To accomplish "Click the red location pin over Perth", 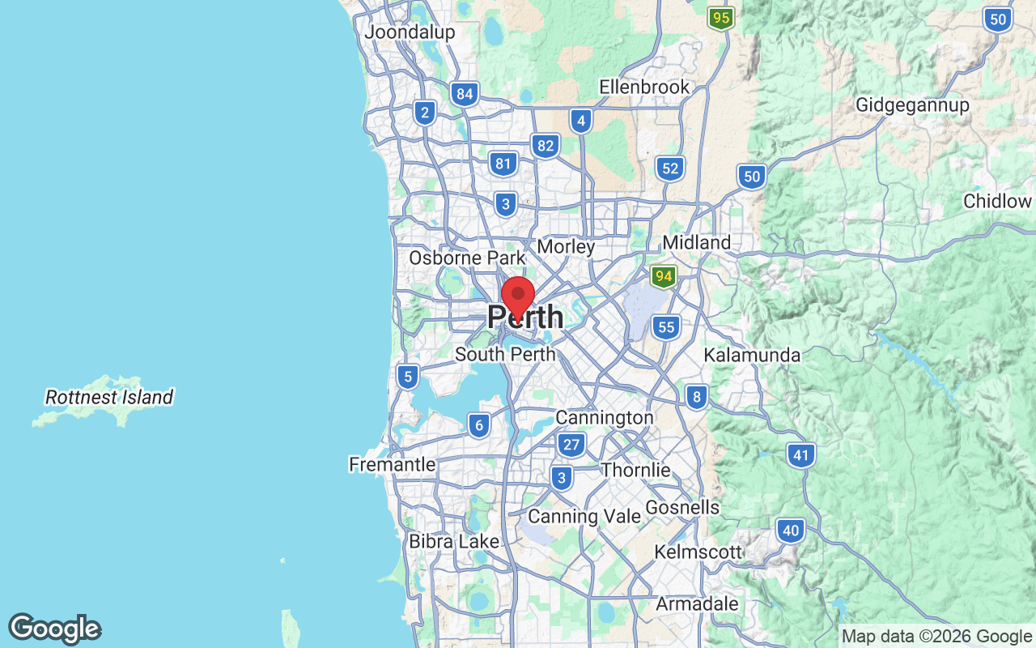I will pos(518,296).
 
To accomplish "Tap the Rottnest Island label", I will pos(109,398).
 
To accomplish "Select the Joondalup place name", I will pos(410,32).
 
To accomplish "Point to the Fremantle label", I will pos(392,464).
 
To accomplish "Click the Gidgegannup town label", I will pos(912,105).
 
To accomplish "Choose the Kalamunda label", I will pos(752,355).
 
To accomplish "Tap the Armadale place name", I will pos(697,604).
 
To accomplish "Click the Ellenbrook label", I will pos(644,87).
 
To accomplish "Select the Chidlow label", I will pos(997,201).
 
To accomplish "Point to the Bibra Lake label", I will pos(453,541).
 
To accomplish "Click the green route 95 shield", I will pos(720,18).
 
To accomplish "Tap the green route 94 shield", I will pos(664,277).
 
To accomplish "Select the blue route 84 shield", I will pos(465,94).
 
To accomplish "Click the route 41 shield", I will pos(800,456).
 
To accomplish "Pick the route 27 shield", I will pos(571,444).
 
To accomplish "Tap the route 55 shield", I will pos(666,327).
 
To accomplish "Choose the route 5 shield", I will pos(407,376).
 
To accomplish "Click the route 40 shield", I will pos(791,531).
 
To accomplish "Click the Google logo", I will pos(54,629).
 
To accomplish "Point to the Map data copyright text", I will pos(936,637).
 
